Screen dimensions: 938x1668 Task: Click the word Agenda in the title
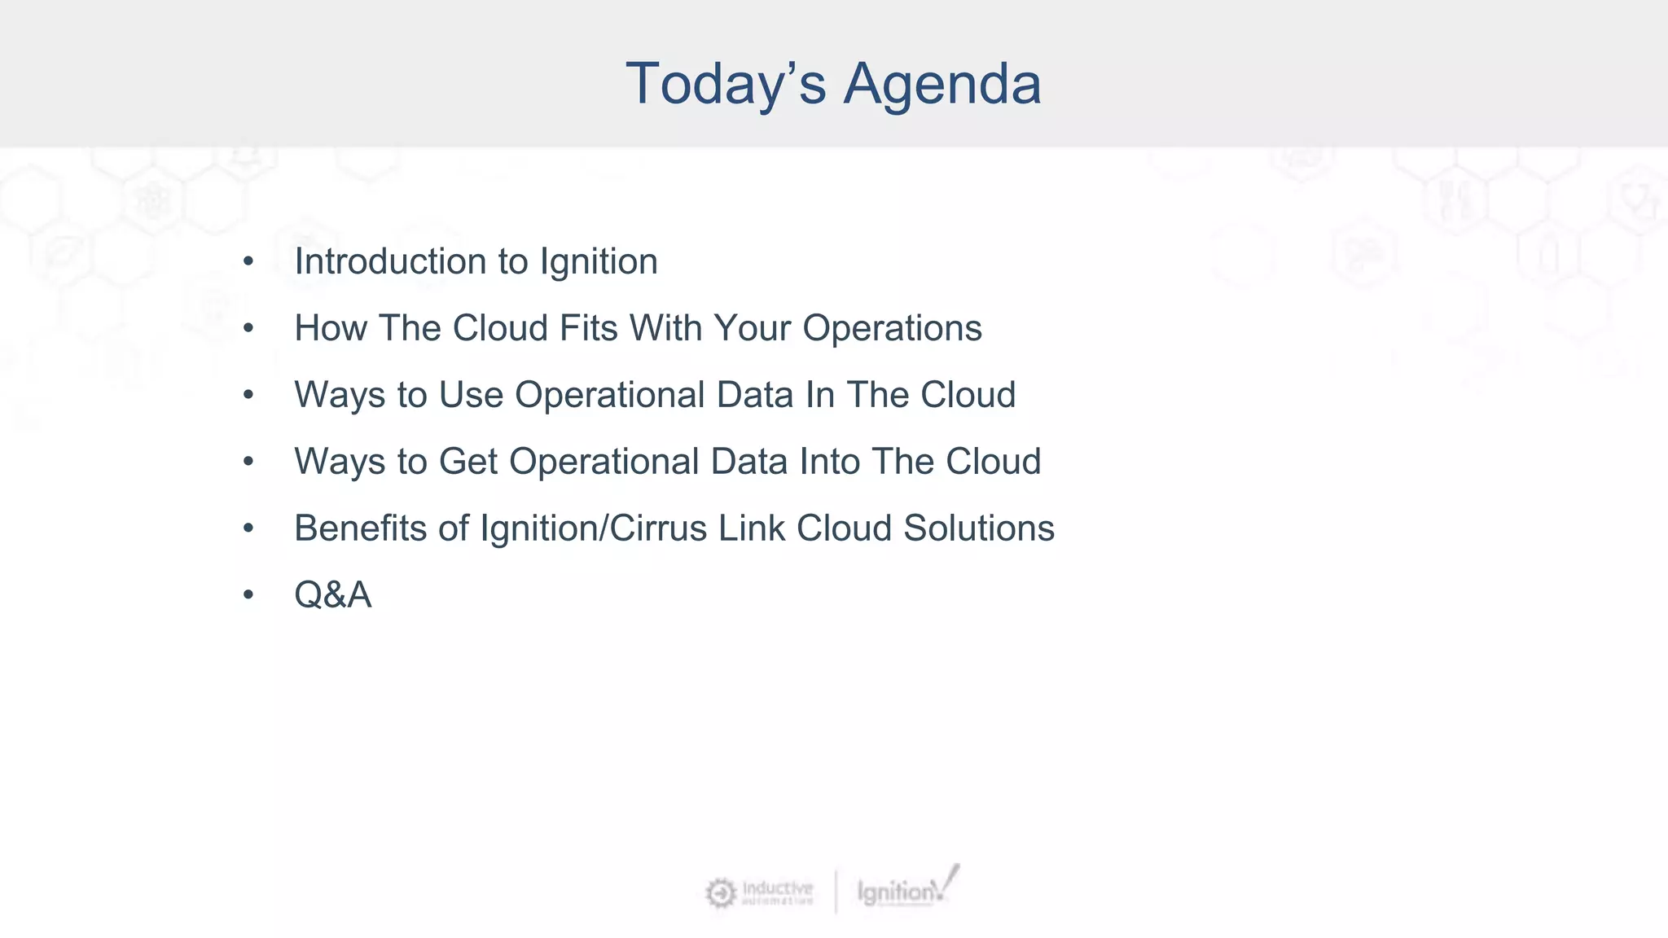click(942, 85)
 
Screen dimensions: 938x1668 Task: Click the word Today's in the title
click(726, 85)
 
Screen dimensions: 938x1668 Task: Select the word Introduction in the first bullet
click(390, 262)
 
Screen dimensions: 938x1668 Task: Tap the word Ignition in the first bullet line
click(599, 262)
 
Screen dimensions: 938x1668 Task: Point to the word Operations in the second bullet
click(892, 329)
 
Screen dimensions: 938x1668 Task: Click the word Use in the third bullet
click(471, 396)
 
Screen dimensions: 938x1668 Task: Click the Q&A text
click(332, 595)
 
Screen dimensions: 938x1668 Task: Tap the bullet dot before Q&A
click(248, 595)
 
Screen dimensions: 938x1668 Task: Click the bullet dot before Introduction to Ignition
click(248, 262)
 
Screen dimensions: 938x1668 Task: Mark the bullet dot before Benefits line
click(248, 529)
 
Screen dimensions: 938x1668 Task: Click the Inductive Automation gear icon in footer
click(720, 893)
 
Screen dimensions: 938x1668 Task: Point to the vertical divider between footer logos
click(836, 892)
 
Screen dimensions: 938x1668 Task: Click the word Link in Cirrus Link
click(752, 529)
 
